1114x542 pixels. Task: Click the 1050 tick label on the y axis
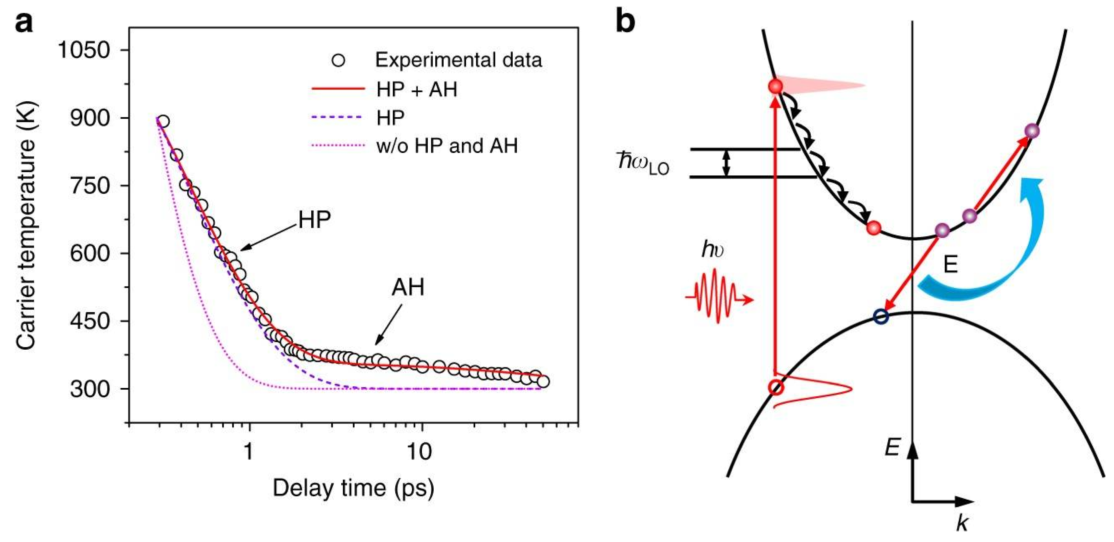pos(83,50)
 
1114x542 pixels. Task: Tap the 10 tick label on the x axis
pos(419,452)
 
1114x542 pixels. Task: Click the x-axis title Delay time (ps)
pos(353,488)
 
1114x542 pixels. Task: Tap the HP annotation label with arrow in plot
pos(315,220)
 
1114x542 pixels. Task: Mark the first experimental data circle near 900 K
pos(163,122)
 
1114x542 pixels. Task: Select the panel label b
pos(625,23)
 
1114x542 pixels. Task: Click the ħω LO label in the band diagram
pos(643,163)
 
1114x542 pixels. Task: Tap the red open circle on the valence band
pos(776,387)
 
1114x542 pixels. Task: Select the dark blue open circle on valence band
pos(881,317)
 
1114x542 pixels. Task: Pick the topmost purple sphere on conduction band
pos(1032,131)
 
